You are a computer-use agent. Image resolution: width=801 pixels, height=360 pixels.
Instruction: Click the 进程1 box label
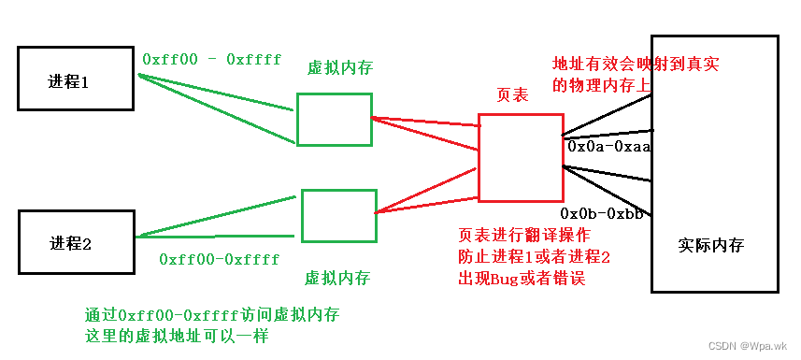(x=68, y=81)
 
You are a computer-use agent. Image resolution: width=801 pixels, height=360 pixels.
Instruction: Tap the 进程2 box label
(x=70, y=244)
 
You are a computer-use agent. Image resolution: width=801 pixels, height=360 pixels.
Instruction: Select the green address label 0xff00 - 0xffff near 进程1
(x=212, y=59)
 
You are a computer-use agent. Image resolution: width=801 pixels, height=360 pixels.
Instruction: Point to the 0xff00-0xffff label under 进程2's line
(x=221, y=259)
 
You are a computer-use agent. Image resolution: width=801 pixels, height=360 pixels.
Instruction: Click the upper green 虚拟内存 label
(x=339, y=68)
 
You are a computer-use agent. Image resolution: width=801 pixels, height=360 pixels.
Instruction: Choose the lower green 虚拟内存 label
(x=337, y=278)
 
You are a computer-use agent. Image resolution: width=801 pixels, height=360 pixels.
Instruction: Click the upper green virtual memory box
(x=334, y=119)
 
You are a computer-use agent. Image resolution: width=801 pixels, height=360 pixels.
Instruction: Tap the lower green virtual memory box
(x=338, y=216)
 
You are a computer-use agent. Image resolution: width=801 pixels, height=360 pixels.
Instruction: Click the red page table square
(x=520, y=157)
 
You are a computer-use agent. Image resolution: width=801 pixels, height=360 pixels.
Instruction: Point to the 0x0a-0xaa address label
(x=609, y=147)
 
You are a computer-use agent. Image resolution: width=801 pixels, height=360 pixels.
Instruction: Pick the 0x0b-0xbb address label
(x=602, y=213)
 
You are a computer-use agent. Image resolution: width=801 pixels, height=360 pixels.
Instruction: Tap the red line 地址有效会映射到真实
(x=640, y=65)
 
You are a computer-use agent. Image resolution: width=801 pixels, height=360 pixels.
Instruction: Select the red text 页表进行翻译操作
(x=528, y=235)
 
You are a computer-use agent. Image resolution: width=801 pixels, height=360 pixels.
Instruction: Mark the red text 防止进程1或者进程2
(x=534, y=256)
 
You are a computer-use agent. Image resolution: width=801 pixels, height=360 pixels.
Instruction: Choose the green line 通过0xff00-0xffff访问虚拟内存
(x=212, y=315)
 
